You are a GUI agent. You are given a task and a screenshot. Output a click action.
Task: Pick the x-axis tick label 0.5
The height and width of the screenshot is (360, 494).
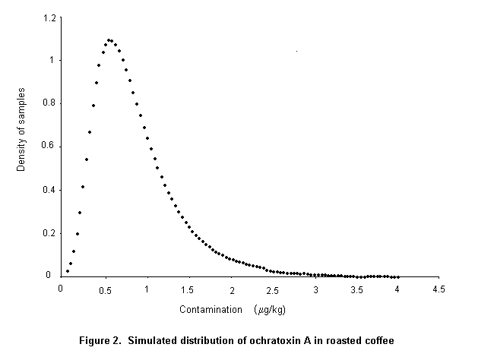pos(104,289)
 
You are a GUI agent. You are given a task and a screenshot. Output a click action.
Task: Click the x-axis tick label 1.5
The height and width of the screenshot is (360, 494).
pos(188,289)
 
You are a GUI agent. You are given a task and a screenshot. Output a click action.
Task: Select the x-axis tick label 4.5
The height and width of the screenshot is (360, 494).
pos(439,289)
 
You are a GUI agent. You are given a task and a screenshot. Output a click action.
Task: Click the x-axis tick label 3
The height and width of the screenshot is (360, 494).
pos(315,289)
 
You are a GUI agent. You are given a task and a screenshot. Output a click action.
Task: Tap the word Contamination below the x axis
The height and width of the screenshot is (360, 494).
pos(210,310)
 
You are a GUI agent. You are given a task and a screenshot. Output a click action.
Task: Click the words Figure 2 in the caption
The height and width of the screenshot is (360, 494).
pos(101,339)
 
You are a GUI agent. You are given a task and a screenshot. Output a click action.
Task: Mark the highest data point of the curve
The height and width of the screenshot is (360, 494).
pos(109,39)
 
